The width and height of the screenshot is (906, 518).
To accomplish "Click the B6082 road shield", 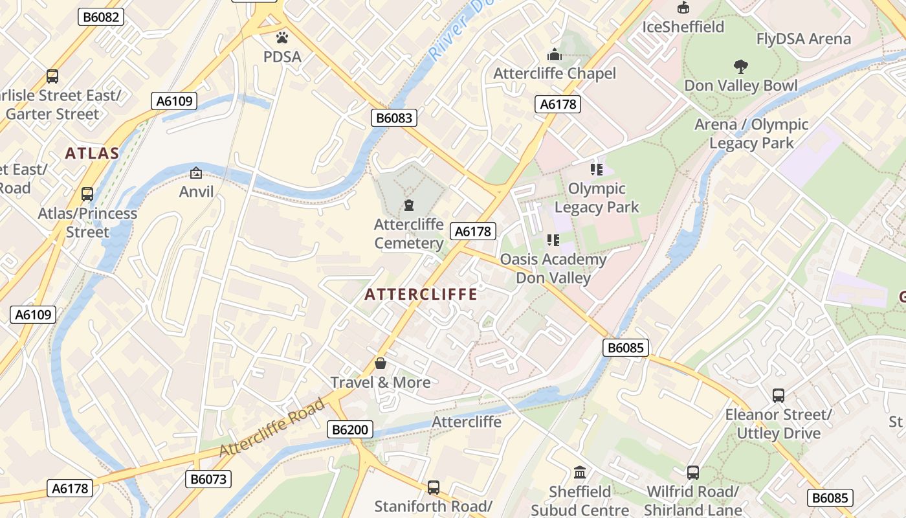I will click(101, 17).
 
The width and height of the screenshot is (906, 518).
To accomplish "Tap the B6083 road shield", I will click(394, 117).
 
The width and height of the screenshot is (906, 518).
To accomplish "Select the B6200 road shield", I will click(351, 429).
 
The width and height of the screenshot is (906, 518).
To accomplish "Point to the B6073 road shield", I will click(208, 479).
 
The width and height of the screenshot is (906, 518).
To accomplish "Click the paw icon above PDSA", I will click(282, 37).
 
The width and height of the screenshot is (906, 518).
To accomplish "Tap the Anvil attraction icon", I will click(196, 173).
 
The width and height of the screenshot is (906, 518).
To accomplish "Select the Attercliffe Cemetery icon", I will click(408, 205).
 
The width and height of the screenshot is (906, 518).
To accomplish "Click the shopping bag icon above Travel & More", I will click(381, 363).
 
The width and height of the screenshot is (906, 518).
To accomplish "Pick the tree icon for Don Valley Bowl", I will click(740, 66).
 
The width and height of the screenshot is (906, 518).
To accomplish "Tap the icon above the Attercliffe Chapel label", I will click(555, 54).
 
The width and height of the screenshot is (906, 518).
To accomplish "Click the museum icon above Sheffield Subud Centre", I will click(580, 472).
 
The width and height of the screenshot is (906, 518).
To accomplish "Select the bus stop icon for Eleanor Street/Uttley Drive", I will click(779, 395).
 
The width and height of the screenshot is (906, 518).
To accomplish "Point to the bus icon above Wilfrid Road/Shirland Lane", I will click(692, 472).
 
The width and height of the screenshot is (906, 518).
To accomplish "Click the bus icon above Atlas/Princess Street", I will click(87, 194).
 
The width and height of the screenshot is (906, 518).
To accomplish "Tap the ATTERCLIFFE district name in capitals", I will click(421, 295).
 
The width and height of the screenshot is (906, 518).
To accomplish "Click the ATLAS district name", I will click(92, 153).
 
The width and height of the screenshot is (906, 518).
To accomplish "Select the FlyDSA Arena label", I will click(804, 39).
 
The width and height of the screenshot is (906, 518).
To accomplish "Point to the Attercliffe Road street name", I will click(272, 428).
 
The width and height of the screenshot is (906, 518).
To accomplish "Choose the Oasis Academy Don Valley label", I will click(553, 269).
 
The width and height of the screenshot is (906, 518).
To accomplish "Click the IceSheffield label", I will click(683, 27).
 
